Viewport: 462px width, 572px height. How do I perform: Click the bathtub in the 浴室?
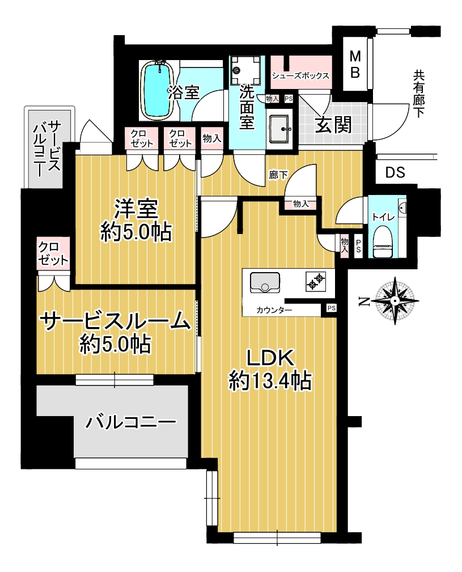click(158, 89)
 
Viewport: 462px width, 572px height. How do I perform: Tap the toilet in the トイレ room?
click(383, 242)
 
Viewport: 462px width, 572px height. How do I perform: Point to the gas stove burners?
click(316, 281)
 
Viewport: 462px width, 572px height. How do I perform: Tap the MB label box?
click(355, 65)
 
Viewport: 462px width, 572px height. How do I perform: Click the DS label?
click(395, 172)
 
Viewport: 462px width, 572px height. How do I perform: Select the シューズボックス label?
click(300, 76)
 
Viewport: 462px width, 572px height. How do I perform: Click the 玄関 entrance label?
click(333, 125)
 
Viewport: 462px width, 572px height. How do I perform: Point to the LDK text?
click(270, 358)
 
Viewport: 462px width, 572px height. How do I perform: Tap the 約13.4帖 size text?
click(270, 382)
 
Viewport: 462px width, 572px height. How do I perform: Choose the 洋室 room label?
click(136, 208)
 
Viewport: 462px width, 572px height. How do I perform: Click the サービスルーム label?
click(115, 321)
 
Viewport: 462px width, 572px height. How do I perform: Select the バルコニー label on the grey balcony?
click(130, 422)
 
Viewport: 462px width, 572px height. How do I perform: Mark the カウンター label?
click(274, 311)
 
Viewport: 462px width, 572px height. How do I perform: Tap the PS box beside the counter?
click(331, 308)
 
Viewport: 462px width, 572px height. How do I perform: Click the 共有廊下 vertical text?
click(418, 94)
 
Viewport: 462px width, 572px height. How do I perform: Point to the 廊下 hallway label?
click(278, 176)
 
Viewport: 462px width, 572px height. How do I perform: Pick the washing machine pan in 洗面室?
click(246, 70)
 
